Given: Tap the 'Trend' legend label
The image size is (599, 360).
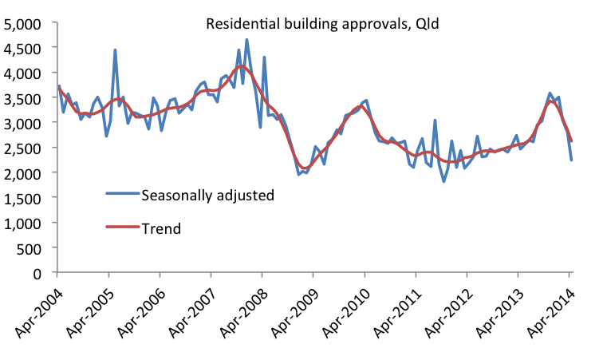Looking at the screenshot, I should (161, 228).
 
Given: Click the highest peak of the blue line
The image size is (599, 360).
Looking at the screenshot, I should (246, 39).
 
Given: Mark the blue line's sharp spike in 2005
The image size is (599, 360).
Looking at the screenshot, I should (115, 49).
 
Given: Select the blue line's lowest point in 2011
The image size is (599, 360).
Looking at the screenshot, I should (444, 181).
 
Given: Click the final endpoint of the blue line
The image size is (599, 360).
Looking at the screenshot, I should (571, 160).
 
